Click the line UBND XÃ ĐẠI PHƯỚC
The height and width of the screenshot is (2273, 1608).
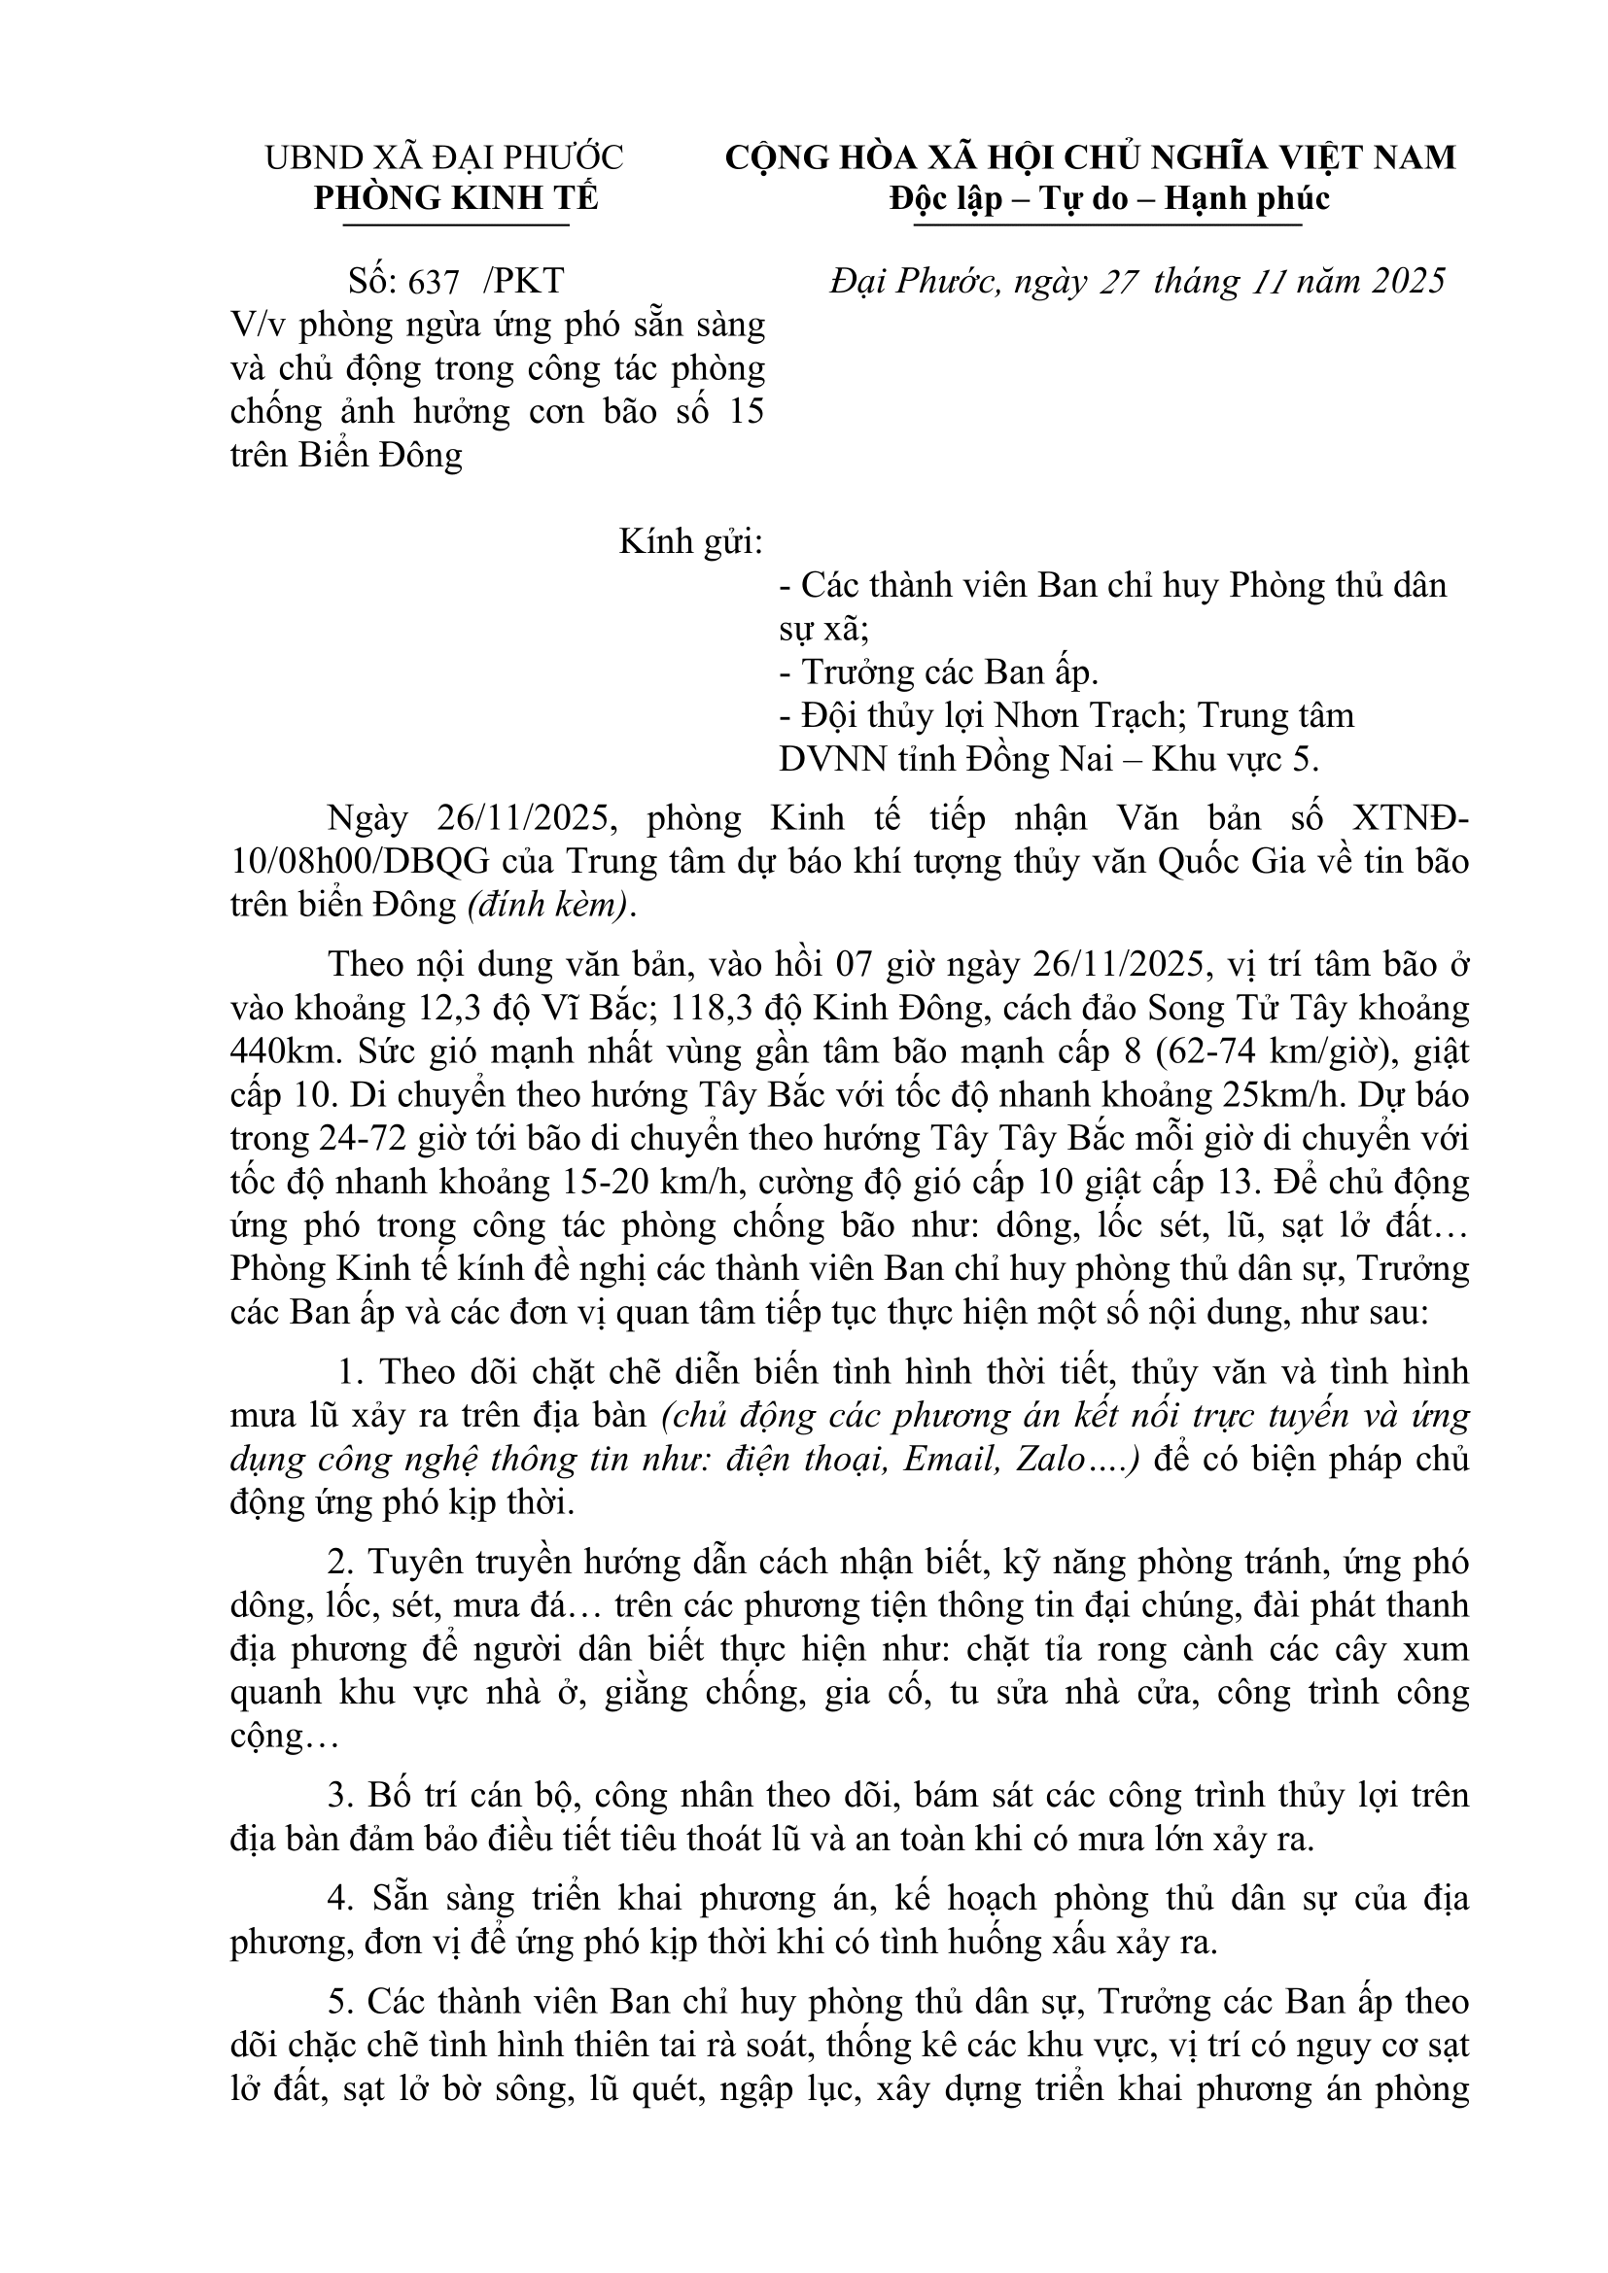[x=444, y=158]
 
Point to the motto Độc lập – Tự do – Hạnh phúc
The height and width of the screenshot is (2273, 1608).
[x=1109, y=199]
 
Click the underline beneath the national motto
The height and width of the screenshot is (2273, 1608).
[x=1107, y=225]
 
